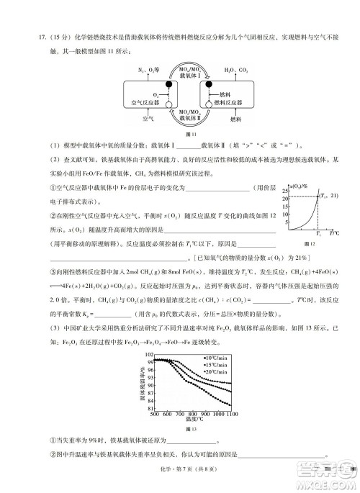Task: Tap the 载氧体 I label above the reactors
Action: (x=180, y=76)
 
